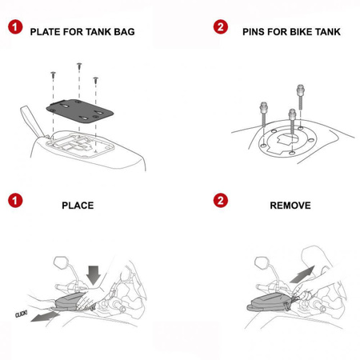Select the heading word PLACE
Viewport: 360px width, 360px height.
pyautogui.click(x=78, y=206)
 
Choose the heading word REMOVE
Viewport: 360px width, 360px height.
pyautogui.click(x=290, y=206)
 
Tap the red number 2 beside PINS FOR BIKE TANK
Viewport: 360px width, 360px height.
pyautogui.click(x=221, y=30)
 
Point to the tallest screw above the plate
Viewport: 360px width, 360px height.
pyautogui.click(x=79, y=66)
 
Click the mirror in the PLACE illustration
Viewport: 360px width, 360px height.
pyautogui.click(x=61, y=262)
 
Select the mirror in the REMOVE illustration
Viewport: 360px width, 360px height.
pyautogui.click(x=262, y=262)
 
